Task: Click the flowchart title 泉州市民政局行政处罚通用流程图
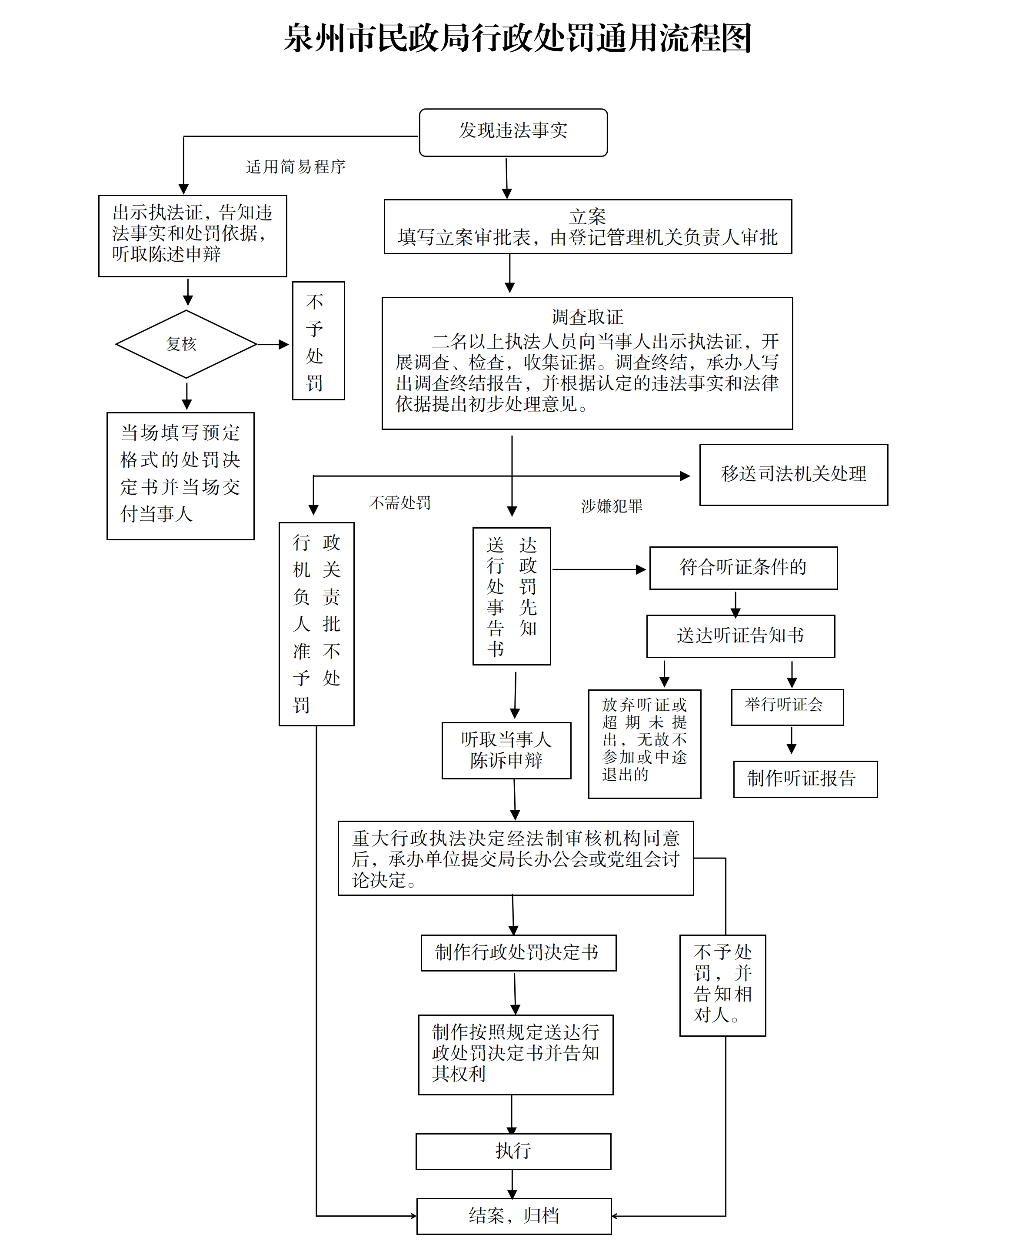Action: coord(517,38)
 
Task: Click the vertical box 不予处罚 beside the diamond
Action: coord(318,341)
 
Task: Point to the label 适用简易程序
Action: coord(296,167)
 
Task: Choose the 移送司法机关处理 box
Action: coord(793,474)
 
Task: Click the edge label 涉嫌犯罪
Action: coord(612,506)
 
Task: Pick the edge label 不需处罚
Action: coord(400,503)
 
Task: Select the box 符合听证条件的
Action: coord(743,568)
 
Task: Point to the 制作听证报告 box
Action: coord(805,779)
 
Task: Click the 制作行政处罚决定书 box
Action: coord(518,952)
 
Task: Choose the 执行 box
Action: coord(513,1151)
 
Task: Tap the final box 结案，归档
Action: coord(514,1216)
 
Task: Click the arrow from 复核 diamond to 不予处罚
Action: coord(273,344)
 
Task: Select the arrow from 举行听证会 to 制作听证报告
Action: coord(791,741)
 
